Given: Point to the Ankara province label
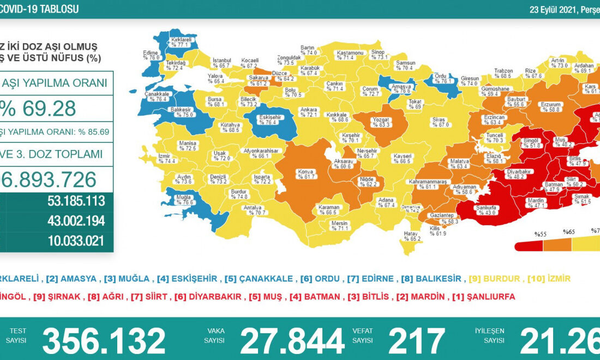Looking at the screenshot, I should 309,112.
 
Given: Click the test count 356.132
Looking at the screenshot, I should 104,341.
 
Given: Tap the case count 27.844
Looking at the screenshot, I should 292,341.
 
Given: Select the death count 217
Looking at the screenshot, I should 416,341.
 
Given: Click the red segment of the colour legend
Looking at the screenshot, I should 528,245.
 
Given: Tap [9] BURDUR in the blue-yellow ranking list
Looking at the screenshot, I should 495,279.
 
